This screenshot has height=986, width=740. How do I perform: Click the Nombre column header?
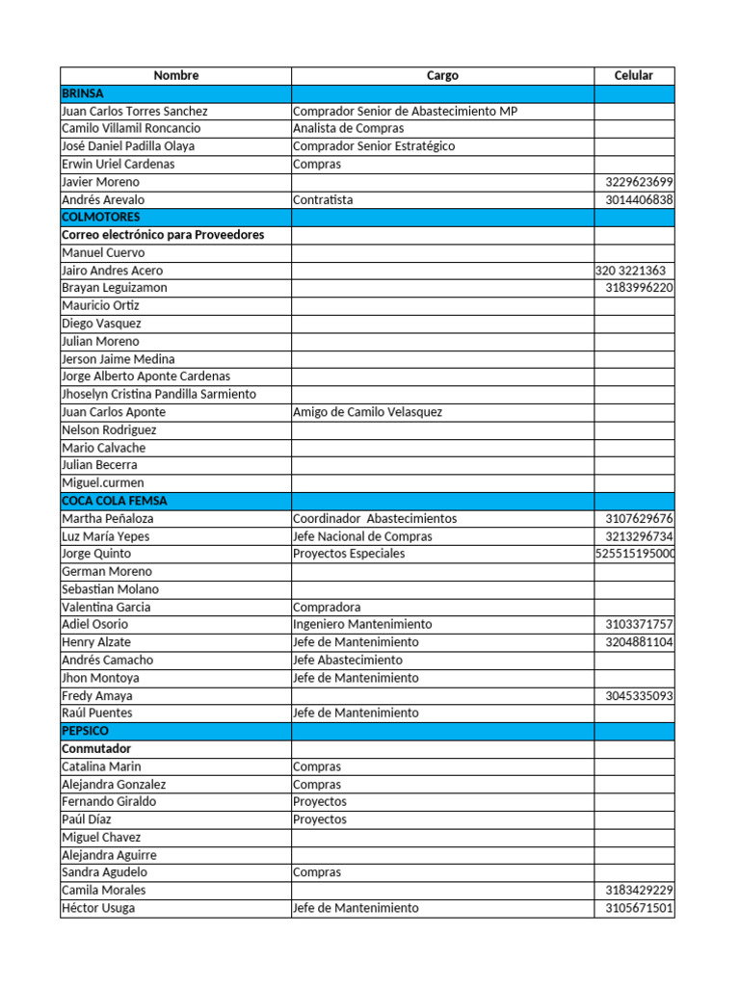click(x=175, y=75)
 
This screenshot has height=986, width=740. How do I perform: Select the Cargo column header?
click(x=442, y=75)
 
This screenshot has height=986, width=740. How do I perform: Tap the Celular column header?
click(x=634, y=75)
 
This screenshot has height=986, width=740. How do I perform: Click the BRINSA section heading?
click(x=83, y=93)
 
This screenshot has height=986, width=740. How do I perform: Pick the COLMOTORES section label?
click(x=100, y=218)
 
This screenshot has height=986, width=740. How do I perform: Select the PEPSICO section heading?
click(x=85, y=731)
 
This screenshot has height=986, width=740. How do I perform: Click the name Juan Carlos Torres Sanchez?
click(x=134, y=111)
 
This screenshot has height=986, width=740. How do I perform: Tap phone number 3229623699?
click(x=639, y=182)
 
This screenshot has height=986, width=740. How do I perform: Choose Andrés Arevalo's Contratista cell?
click(x=323, y=199)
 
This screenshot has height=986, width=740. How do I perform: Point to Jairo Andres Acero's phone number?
click(x=630, y=271)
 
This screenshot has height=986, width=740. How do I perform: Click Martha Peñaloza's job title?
click(x=375, y=518)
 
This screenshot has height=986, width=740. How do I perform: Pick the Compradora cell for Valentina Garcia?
click(x=327, y=607)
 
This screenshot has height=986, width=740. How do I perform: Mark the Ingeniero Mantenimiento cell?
click(x=362, y=624)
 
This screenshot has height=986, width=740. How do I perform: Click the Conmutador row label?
click(x=96, y=748)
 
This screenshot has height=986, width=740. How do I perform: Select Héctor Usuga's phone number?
click(x=639, y=908)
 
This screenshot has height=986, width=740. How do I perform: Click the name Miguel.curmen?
click(x=102, y=482)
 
